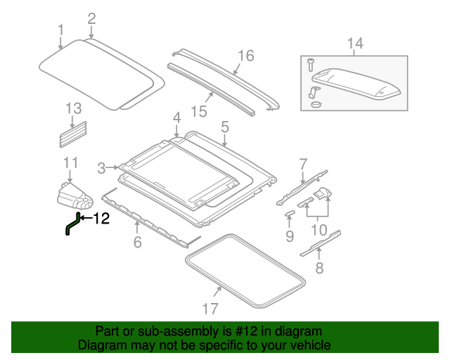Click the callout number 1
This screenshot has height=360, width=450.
[60, 30]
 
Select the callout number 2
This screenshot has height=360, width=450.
[91, 18]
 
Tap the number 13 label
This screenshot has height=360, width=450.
[74, 108]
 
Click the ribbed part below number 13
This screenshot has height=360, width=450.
[74, 134]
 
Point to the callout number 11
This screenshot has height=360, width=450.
[70, 164]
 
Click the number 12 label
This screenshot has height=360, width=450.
[102, 219]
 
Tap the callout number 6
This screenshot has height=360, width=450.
[137, 243]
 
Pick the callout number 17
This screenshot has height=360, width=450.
[210, 308]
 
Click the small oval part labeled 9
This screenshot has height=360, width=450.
[290, 214]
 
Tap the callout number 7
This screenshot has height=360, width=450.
[303, 165]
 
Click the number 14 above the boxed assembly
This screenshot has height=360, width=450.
[355, 44]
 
